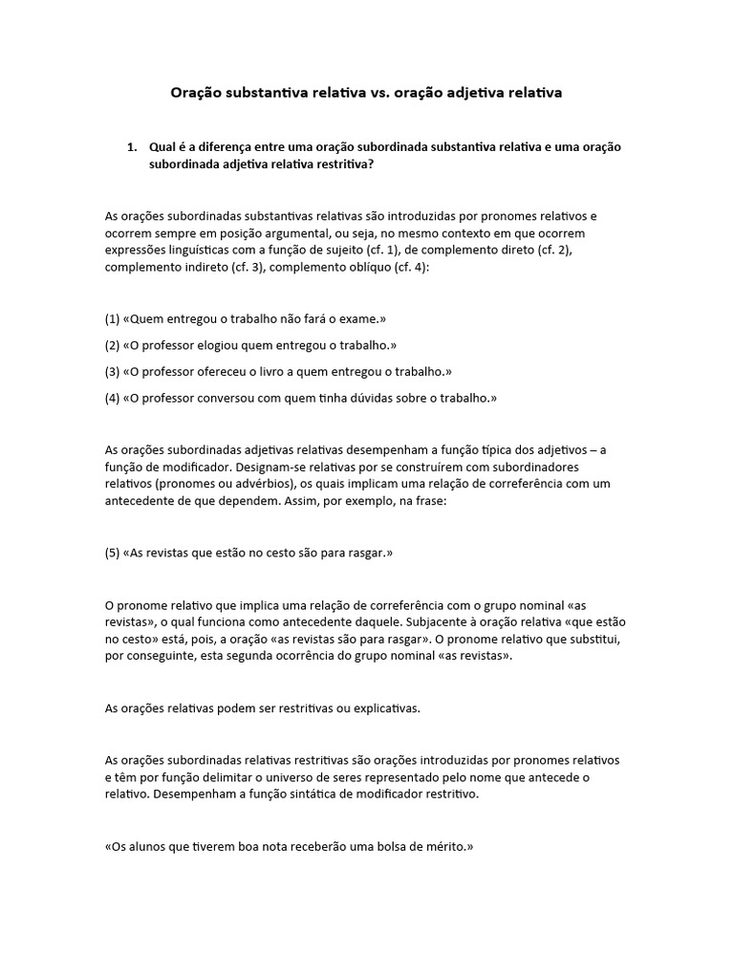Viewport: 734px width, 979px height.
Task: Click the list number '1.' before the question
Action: click(x=133, y=147)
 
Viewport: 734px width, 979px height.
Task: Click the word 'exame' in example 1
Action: click(x=360, y=319)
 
